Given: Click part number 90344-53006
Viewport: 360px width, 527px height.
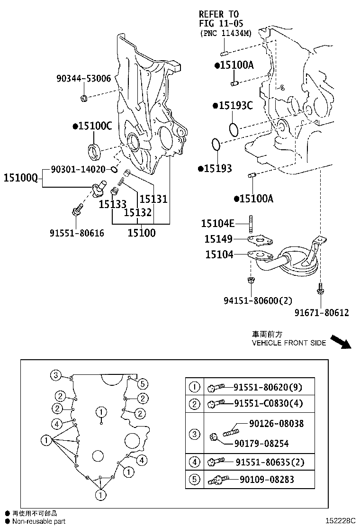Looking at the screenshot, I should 83,79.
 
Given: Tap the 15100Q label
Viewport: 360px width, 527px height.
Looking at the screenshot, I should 20,178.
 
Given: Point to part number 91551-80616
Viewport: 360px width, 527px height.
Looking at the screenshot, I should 77,233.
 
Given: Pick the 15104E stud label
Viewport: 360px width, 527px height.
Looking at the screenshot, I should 217,224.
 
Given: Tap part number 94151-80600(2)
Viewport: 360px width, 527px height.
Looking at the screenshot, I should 258,300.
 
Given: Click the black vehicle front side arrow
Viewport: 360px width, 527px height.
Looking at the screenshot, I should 340,341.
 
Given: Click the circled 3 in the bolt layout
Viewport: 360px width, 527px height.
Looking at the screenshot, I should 55,375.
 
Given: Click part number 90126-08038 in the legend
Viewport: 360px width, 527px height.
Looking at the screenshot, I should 276,423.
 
